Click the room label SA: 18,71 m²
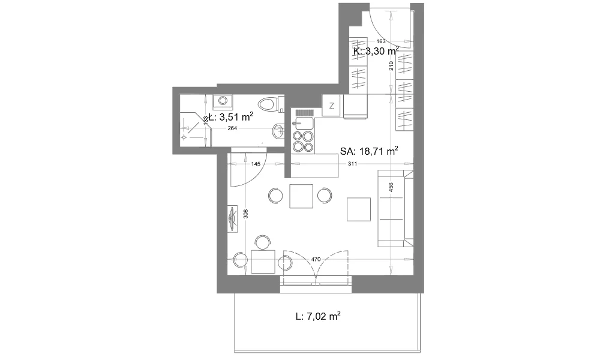369,151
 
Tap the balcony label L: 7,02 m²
318,316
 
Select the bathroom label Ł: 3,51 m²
231,116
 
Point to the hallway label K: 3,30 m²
376,51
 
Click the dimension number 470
316,259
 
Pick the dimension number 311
352,164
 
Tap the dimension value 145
256,164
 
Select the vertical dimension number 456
391,187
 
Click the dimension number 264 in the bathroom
232,128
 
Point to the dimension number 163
381,41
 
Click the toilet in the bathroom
272,104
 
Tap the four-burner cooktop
303,142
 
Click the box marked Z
332,106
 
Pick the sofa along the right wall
395,208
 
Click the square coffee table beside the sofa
359,209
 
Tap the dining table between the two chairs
301,196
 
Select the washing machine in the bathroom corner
223,101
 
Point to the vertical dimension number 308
245,214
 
